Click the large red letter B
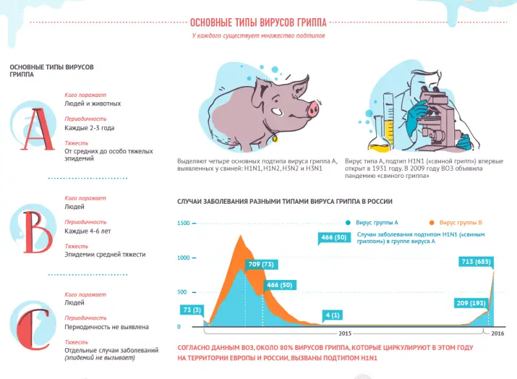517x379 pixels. tap(36, 229)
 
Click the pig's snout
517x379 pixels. tap(313, 107)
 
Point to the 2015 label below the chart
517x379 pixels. tap(344, 334)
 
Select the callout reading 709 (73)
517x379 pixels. tap(260, 264)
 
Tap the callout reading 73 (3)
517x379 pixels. tap(191, 310)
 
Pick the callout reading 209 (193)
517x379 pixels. tap(470, 303)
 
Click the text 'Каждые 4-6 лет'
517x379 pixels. tap(88, 231)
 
